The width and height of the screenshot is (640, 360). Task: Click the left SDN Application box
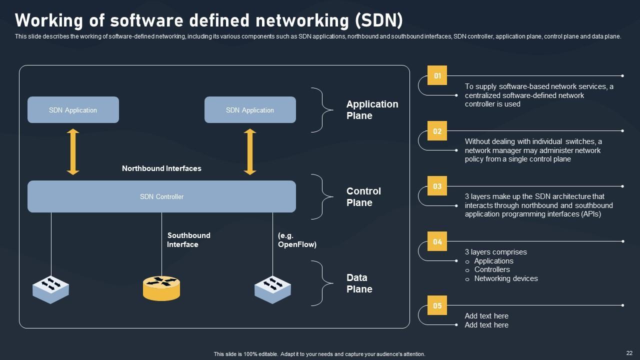click(73, 110)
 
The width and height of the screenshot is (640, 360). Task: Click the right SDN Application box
click(250, 110)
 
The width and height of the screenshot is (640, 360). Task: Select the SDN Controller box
click(161, 196)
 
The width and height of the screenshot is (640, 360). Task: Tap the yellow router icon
click(161, 288)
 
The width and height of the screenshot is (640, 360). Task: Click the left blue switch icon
click(50, 289)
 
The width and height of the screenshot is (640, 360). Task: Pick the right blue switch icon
click(272, 289)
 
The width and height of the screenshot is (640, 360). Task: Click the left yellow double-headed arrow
click(73, 152)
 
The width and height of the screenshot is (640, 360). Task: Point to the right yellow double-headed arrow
click(250, 152)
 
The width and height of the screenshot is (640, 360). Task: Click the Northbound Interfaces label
click(161, 168)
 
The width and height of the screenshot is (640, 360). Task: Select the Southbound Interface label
click(188, 240)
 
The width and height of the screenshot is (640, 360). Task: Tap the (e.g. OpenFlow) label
click(297, 240)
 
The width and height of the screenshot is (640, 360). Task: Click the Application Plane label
click(372, 110)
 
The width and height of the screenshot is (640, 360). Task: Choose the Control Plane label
click(363, 197)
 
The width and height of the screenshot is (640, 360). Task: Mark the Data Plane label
click(359, 283)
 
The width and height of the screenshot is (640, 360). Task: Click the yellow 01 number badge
click(437, 76)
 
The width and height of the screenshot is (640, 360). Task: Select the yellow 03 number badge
click(437, 186)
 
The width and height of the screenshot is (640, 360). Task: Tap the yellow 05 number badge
click(437, 306)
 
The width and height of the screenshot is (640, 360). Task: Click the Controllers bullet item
click(492, 269)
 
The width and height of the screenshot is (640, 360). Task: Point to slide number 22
click(629, 352)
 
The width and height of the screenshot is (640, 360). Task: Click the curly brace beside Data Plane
click(323, 283)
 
